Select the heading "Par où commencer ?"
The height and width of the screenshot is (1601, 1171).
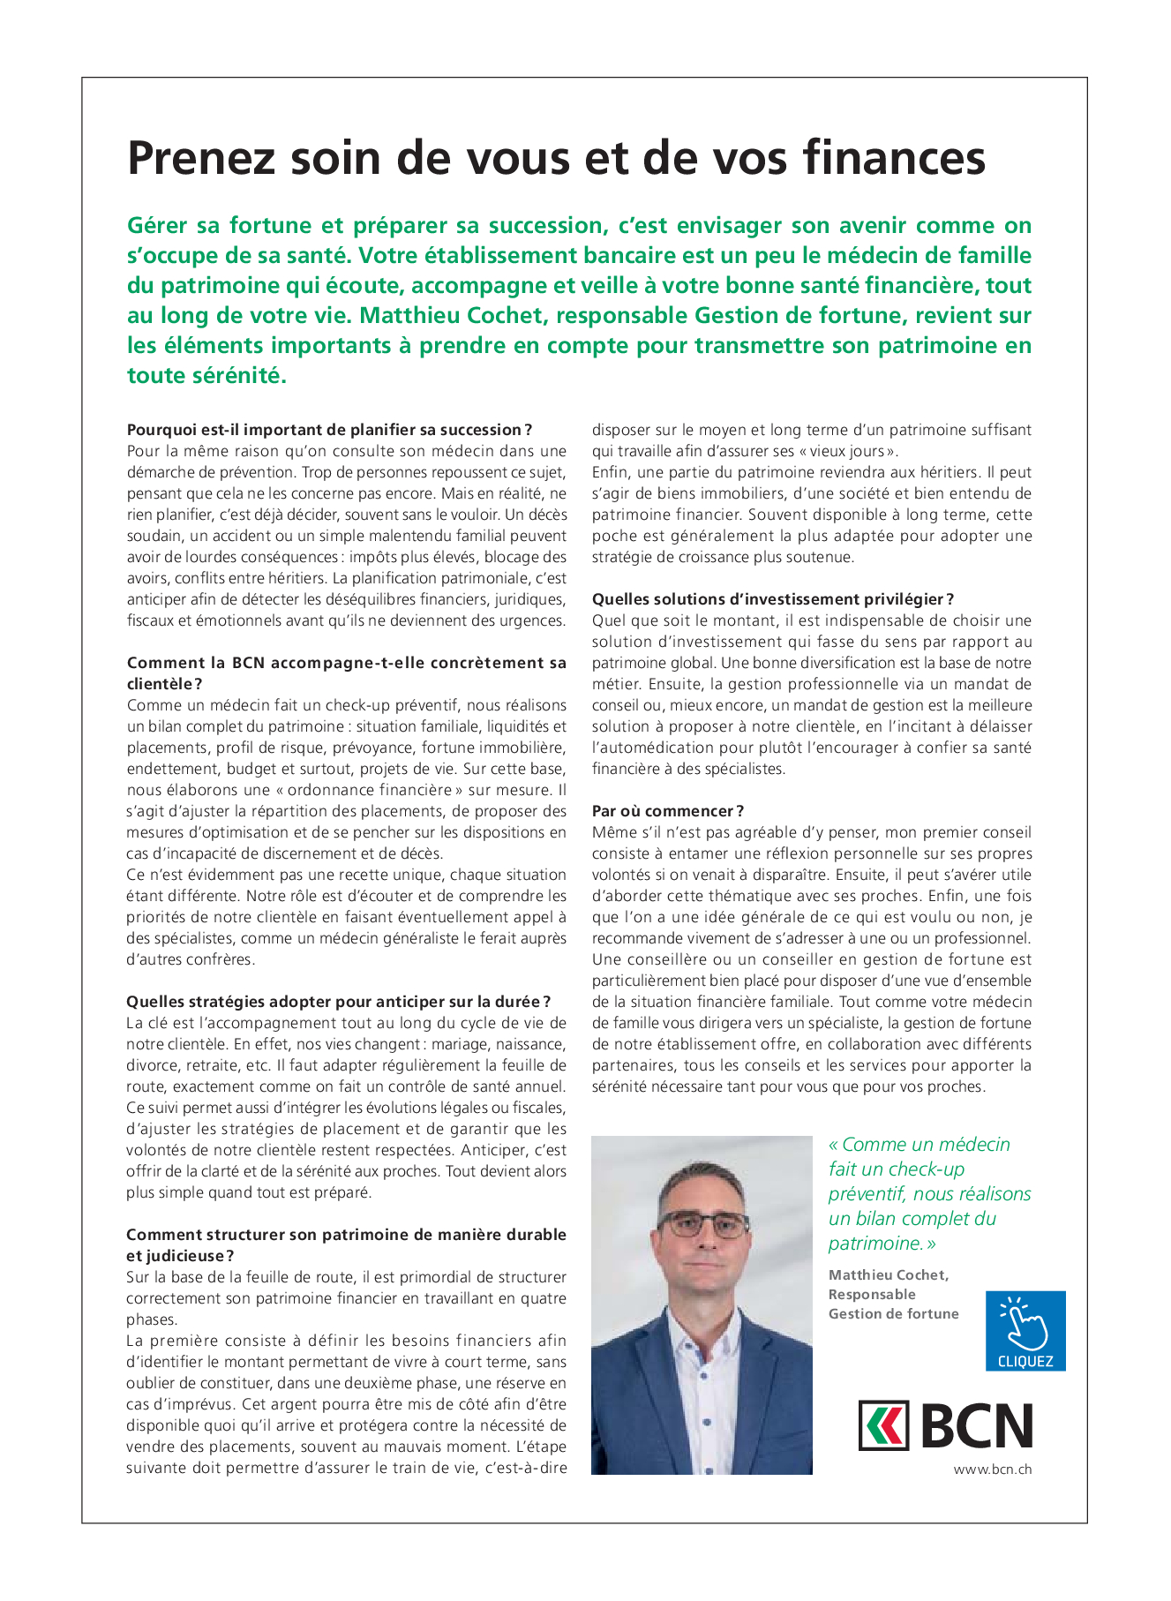668,811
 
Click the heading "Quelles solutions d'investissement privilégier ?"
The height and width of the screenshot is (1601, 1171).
773,599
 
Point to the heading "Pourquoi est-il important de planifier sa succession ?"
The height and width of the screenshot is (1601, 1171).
329,430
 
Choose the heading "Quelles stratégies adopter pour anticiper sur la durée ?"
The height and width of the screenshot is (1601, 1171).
338,1002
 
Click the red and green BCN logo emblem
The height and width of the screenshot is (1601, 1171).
883,1425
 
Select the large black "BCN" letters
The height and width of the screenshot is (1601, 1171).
978,1425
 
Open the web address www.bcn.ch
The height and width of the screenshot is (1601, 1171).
992,1470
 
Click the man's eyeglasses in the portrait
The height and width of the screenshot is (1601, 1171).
704,1225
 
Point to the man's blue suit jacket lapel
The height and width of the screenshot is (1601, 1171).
652,1377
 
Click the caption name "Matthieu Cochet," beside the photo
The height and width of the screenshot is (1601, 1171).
889,1274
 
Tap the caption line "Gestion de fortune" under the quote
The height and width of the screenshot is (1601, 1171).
893,1313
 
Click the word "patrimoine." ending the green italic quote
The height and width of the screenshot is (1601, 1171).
876,1244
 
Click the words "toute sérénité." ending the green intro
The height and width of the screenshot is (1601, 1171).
207,375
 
